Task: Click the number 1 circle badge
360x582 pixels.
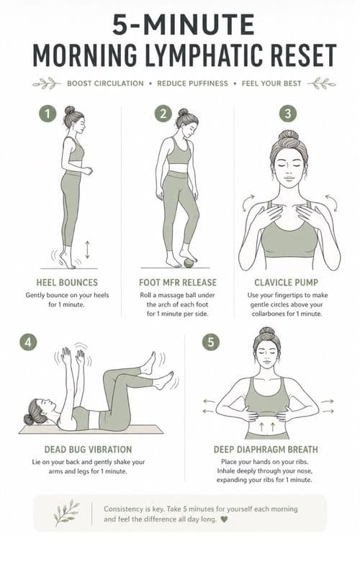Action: coord(48,114)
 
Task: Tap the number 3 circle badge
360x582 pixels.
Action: coord(287,114)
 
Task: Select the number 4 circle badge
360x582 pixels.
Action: coord(28,342)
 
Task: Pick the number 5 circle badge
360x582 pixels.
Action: coord(211,342)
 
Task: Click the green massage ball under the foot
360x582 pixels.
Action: coord(189,263)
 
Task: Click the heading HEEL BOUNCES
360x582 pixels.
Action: coord(67,283)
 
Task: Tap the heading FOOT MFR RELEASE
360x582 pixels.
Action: coord(178,283)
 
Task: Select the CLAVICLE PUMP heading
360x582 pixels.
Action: coord(287,283)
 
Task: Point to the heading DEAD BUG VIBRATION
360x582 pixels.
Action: coord(88,450)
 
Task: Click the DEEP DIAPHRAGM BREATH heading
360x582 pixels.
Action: coord(266,450)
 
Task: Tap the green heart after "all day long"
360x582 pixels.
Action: coord(224,519)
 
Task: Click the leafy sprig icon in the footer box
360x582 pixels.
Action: coord(66,513)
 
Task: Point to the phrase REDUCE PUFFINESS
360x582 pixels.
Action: coord(192,83)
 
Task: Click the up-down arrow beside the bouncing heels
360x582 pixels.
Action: coord(87,250)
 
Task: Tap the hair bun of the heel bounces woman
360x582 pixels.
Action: coord(69,110)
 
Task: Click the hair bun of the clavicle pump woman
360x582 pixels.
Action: coord(288,135)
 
